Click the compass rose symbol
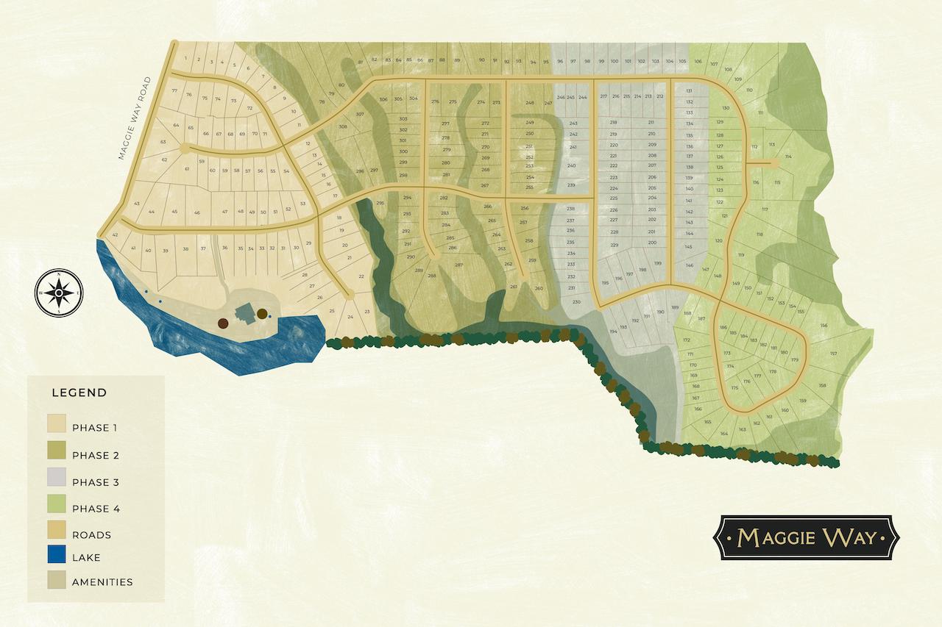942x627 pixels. [59, 293]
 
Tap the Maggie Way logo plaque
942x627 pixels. [808, 537]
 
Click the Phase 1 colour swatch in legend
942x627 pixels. [58, 427]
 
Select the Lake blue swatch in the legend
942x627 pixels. [58, 556]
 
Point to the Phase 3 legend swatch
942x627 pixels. [58, 482]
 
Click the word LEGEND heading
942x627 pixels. [79, 393]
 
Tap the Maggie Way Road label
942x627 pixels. [134, 118]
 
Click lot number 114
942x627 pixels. [788, 157]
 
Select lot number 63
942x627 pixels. [163, 142]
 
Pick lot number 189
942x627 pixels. [674, 308]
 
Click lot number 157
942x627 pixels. [833, 354]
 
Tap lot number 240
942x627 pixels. [572, 166]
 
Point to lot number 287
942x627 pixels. [458, 265]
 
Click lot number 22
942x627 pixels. [361, 276]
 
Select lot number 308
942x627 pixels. [343, 126]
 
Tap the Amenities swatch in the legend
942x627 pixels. [58, 582]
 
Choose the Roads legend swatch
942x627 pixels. [58, 534]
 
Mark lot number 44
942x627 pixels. [152, 212]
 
